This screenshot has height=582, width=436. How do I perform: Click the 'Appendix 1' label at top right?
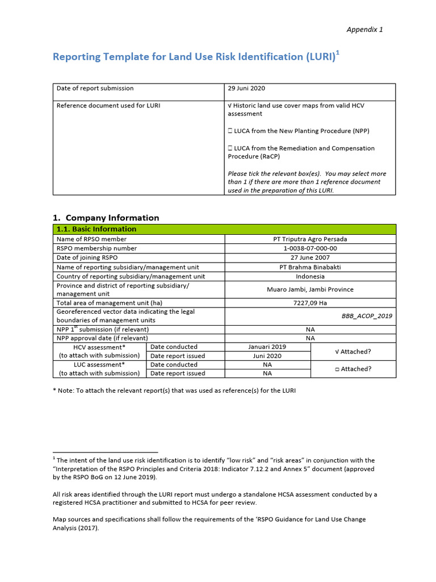coord(365,30)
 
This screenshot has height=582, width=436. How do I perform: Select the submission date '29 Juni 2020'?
coord(246,89)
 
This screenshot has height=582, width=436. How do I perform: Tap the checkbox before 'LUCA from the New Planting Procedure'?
coord(230,131)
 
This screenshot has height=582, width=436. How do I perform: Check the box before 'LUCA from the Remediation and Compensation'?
coord(230,148)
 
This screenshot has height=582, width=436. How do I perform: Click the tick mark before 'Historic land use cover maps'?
coord(230,106)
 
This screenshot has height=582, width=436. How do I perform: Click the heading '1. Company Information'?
coord(106,218)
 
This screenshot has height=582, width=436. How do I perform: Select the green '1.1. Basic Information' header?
coord(97,229)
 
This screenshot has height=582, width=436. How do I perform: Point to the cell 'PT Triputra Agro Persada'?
coord(310,239)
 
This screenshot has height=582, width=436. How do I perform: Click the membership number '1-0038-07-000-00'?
coord(310,248)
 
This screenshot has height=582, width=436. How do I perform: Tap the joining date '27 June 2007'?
coord(310,257)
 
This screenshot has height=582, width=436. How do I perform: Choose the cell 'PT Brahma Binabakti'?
coord(310,267)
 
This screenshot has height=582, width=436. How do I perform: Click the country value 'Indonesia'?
coord(310,276)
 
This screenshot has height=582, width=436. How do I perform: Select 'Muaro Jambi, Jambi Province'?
coord(310,289)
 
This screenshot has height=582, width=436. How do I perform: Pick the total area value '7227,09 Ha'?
coord(310,303)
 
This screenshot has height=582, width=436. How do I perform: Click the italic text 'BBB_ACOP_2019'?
coord(367,316)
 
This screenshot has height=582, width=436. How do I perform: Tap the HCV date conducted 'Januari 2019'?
coord(267,347)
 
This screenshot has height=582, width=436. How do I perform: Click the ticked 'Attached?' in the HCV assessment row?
coord(353,351)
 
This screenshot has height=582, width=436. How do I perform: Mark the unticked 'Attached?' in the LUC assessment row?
coord(353,369)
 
